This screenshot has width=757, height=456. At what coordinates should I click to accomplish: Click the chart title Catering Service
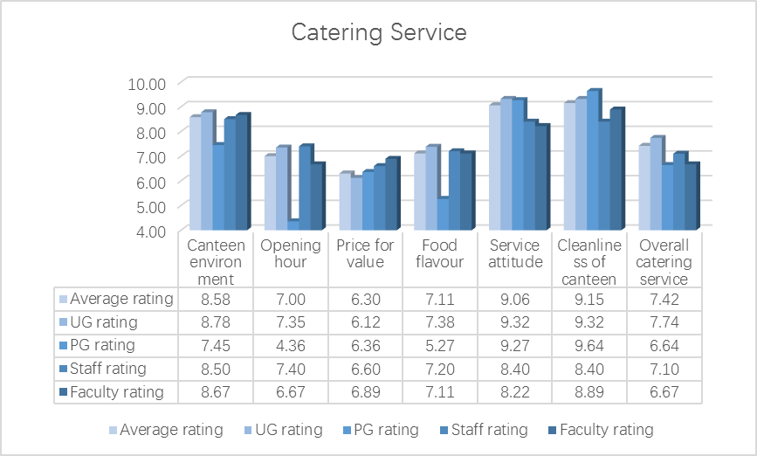(x=379, y=33)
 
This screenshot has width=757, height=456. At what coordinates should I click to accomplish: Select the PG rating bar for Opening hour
(x=294, y=225)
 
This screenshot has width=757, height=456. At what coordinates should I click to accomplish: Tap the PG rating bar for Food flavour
(x=444, y=214)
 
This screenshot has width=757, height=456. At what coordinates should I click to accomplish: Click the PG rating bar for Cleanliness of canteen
(x=594, y=161)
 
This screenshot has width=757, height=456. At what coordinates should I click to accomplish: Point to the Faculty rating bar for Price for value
(x=392, y=194)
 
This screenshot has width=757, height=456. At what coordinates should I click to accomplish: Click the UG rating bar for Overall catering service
(x=657, y=183)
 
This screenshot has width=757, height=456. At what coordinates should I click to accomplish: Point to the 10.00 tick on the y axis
(x=147, y=84)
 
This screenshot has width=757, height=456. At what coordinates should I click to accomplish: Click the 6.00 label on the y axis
(x=147, y=182)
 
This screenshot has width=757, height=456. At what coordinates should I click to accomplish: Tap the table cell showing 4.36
(x=290, y=345)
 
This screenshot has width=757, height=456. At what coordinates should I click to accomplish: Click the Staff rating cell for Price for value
(x=365, y=369)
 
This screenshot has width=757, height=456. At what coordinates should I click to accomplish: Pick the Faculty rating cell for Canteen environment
(x=215, y=391)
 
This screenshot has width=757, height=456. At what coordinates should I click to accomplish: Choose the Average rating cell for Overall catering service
(x=664, y=300)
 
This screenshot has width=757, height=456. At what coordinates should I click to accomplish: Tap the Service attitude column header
(x=515, y=254)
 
